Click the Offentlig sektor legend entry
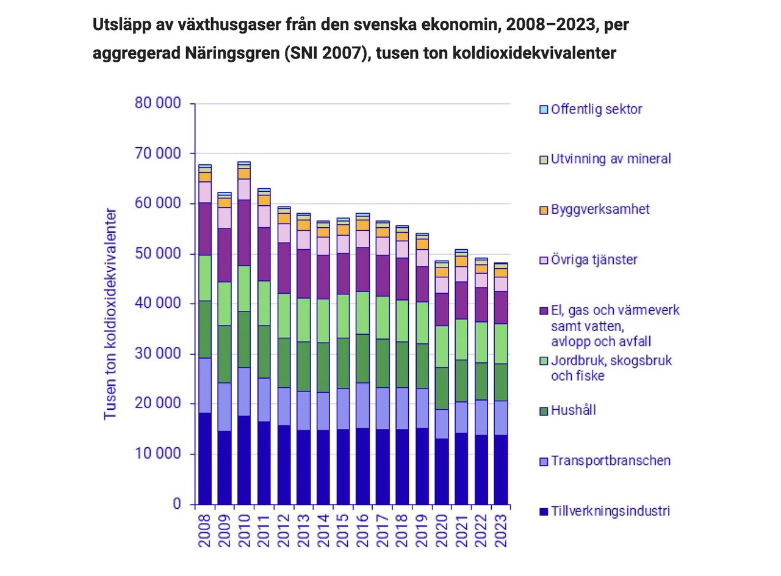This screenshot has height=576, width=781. tap(596, 109)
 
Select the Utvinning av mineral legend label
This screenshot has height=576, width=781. tap(611, 159)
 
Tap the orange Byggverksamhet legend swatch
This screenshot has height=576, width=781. tap(544, 210)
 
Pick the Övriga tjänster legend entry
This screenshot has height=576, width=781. tap(594, 260)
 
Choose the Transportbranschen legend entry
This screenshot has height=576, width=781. tap(610, 461)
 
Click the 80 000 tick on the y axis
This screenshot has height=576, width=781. tap(157, 103)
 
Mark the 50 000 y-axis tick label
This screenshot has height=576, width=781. tap(157, 253)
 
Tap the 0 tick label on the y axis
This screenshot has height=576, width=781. tap(177, 504)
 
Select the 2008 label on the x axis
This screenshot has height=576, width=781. tap(205, 530)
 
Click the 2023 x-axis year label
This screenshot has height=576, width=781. tap(501, 530)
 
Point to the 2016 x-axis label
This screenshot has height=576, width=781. tap(363, 530)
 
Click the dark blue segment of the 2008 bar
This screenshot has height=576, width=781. tap(205, 458)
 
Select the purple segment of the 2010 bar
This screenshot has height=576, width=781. tap(244, 233)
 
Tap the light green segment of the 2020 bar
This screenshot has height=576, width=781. tap(442, 346)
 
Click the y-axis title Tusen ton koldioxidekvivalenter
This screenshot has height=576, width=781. tap(110, 314)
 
